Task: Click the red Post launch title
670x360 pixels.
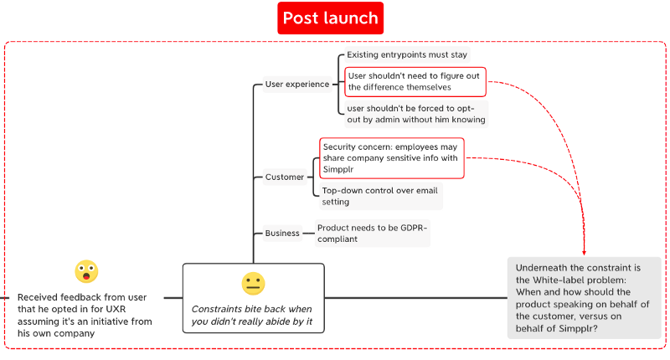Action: coord(330,18)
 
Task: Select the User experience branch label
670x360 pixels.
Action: coord(296,84)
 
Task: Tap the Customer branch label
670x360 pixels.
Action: coord(285,177)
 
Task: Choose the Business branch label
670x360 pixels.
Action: coord(282,233)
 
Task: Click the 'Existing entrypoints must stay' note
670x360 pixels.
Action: coord(406,54)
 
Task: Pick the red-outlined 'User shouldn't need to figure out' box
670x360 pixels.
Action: coord(415,81)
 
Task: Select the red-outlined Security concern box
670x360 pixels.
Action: coord(391,157)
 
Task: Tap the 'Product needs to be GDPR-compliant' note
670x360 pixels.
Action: coord(372,233)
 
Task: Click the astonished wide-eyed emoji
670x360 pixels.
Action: coord(86,271)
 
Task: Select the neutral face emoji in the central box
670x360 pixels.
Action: coord(253,283)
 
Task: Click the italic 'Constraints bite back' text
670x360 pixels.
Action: coord(251,315)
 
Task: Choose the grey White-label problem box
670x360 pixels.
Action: coord(584,297)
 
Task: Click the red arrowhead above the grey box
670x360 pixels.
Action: coord(584,250)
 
